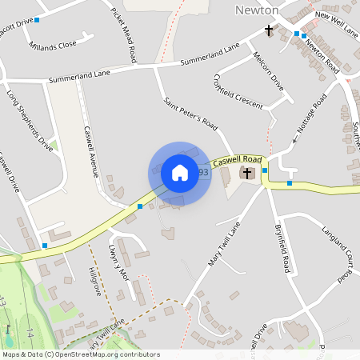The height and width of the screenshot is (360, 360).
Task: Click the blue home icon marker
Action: pos(180,173)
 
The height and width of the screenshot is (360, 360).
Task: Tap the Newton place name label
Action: pos(258,10)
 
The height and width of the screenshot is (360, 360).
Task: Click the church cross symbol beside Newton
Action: pos(270,32)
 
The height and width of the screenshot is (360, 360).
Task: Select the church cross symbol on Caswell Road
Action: pos(248,173)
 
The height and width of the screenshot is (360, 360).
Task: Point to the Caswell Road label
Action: pos(238,160)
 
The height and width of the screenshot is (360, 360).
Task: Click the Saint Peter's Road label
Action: pos(191,114)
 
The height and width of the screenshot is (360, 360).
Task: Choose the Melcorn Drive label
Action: pos(268,71)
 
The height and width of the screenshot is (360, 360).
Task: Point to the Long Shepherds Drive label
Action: pos(30,121)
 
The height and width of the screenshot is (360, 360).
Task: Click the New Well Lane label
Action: pos(336,22)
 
